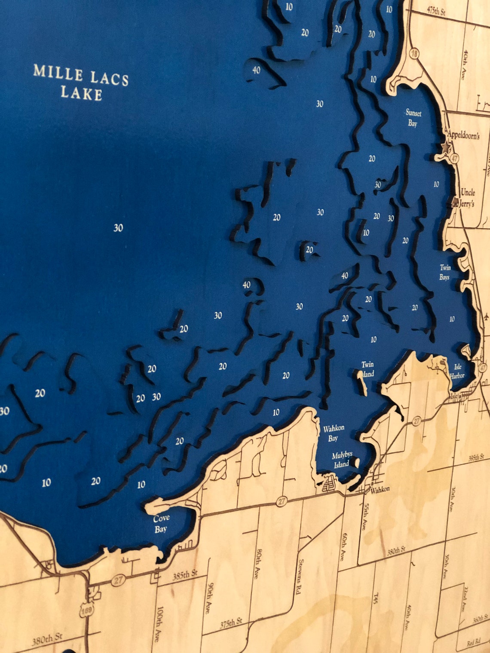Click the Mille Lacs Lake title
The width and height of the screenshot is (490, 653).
[x=81, y=82]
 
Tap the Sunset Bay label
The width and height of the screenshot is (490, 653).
[x=413, y=118]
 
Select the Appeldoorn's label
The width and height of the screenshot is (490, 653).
[x=463, y=135]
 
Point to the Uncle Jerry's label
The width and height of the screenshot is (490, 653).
[x=467, y=198]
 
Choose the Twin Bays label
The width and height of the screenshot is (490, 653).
[x=445, y=272]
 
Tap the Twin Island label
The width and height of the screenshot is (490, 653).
[x=367, y=369]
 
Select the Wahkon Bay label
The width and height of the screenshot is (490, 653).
[x=334, y=433]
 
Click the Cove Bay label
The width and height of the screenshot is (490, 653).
[x=161, y=523]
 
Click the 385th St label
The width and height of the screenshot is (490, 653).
[x=185, y=575]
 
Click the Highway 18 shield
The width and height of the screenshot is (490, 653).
[x=414, y=53]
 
